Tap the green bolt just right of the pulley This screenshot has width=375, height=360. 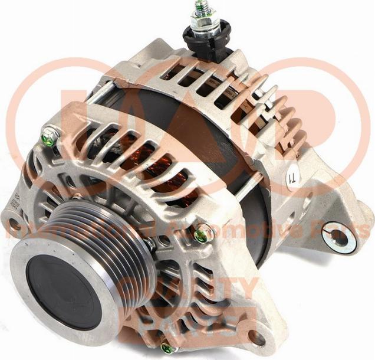[202, 234]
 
